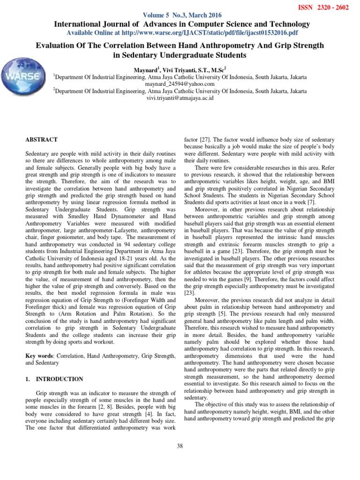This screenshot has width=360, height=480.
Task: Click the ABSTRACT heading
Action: [x=41, y=140]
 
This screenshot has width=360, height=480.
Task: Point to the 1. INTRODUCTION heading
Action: [x=54, y=379]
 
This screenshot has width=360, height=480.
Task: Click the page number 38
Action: [x=180, y=445]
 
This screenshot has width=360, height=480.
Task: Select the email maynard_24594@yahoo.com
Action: [x=180, y=84]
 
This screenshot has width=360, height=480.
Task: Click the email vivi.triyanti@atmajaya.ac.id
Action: [x=180, y=98]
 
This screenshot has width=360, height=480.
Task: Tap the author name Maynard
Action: [x=147, y=69]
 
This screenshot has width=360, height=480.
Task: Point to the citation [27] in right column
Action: [x=205, y=140]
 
